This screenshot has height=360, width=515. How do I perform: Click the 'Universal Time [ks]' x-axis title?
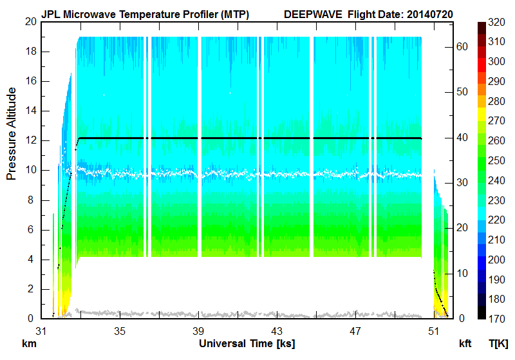click(247, 343)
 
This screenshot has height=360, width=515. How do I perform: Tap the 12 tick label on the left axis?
click(30, 140)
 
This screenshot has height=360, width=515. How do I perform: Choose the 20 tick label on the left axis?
click(30, 21)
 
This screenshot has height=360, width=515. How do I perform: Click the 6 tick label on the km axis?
click(32, 230)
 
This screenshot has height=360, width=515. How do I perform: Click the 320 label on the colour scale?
click(496, 21)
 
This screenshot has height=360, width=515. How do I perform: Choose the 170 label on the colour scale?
click(496, 318)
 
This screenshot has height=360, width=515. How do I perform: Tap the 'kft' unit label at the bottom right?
click(465, 343)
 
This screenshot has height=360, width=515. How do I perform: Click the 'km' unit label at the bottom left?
click(28, 343)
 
